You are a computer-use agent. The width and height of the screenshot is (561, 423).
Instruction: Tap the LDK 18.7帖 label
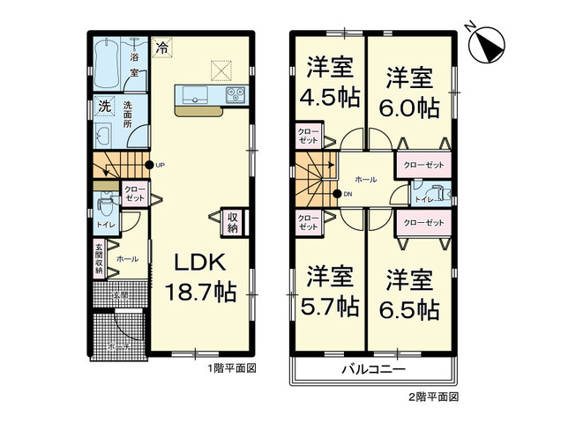(x=202, y=277)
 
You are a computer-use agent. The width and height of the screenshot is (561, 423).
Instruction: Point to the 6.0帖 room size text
(x=412, y=93)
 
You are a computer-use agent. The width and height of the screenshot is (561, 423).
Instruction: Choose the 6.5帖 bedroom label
(x=412, y=294)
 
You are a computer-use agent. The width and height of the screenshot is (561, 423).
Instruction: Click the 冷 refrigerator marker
(x=162, y=49)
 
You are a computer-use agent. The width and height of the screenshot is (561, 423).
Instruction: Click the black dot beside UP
(x=149, y=165)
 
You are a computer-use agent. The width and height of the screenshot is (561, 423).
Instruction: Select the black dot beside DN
(x=337, y=194)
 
